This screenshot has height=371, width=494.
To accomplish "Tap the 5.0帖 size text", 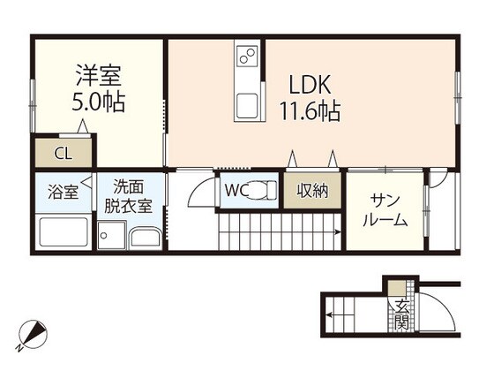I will point(98,101).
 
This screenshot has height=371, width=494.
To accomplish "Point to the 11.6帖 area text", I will point(311,112).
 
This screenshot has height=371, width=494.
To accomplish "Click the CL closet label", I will point(63,153).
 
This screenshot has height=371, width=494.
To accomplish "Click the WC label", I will point(234,190).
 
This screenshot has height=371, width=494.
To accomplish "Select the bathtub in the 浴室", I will point(64,232).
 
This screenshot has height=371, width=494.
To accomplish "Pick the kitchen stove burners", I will point(248,57).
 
